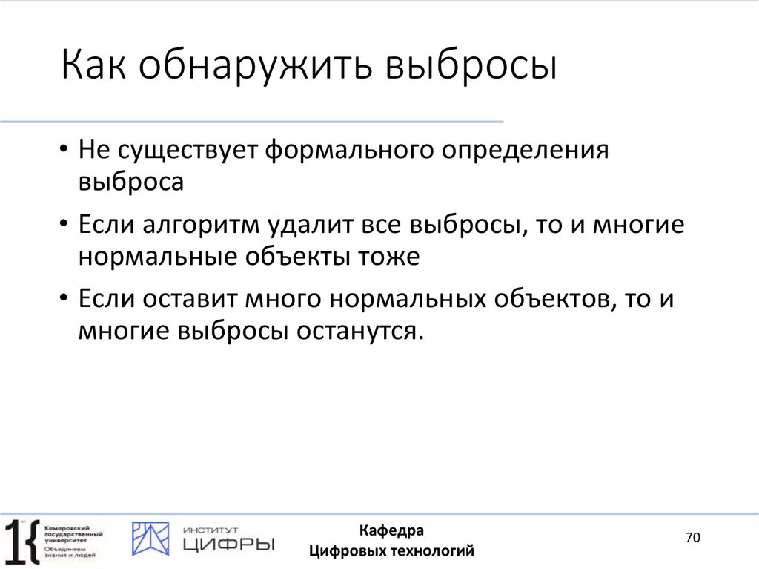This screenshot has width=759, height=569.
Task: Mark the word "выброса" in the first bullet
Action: pyautogui.click(x=130, y=182)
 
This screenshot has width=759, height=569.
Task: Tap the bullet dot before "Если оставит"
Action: pyautogui.click(x=66, y=300)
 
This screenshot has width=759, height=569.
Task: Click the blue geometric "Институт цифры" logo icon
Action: pyautogui.click(x=150, y=539)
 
